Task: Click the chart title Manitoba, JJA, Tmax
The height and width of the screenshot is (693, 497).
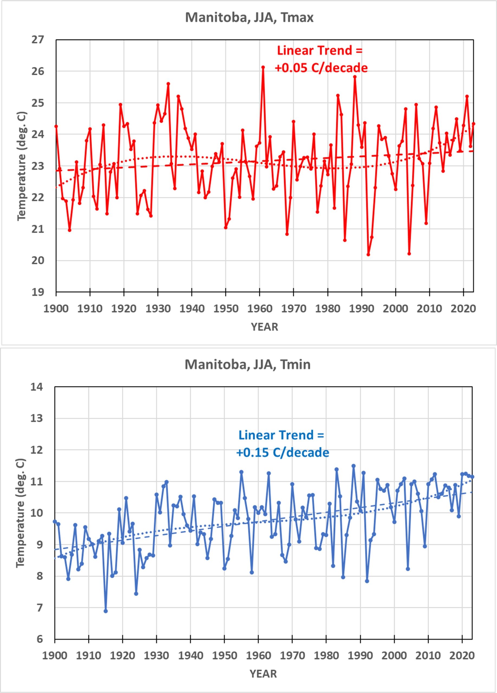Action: click(x=249, y=17)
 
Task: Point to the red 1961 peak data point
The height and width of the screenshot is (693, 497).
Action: click(x=263, y=67)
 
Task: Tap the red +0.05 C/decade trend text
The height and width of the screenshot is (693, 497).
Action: click(x=321, y=67)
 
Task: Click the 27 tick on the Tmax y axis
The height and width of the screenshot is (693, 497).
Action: click(x=38, y=40)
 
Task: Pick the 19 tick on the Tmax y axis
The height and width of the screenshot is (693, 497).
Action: click(x=38, y=292)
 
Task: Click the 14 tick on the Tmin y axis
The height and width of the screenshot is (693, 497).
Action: click(x=37, y=387)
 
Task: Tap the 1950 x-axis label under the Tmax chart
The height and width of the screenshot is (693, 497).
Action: click(x=225, y=308)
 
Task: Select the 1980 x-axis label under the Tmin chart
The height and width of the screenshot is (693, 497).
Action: click(x=326, y=655)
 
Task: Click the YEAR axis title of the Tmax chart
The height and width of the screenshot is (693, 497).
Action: click(x=264, y=327)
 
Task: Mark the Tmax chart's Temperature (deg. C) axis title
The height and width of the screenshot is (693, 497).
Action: click(x=22, y=166)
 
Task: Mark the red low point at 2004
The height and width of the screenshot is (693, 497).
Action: click(x=409, y=254)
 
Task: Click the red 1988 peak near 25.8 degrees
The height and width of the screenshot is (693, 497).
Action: click(x=355, y=77)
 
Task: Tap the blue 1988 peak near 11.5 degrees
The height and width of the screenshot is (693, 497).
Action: click(x=354, y=466)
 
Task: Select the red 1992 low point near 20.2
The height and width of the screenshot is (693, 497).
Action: click(x=368, y=254)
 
